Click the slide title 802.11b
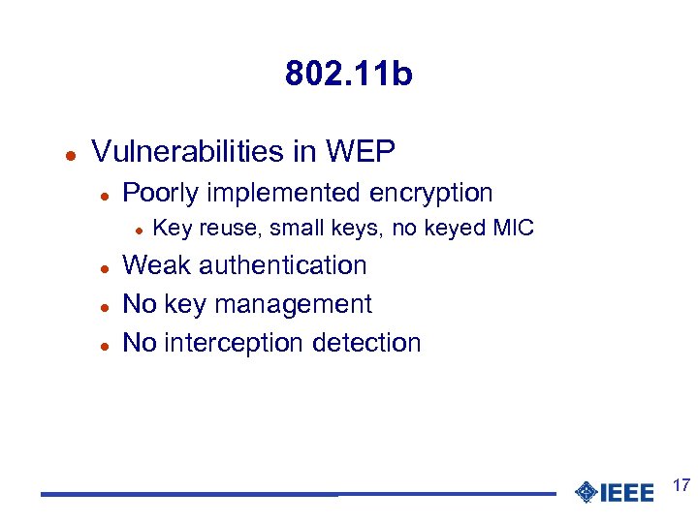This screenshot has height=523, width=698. (x=348, y=74)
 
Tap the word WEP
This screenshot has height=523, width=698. (x=361, y=151)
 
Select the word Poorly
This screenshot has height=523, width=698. (x=159, y=193)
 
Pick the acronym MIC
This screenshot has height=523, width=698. (x=514, y=229)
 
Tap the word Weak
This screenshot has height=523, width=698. (x=154, y=265)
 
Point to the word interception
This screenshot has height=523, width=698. (x=230, y=343)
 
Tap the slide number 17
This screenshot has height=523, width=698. (x=681, y=484)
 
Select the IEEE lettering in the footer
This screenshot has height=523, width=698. (x=628, y=493)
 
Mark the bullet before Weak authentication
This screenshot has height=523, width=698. (x=104, y=267)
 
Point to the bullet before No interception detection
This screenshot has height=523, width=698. (x=104, y=345)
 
